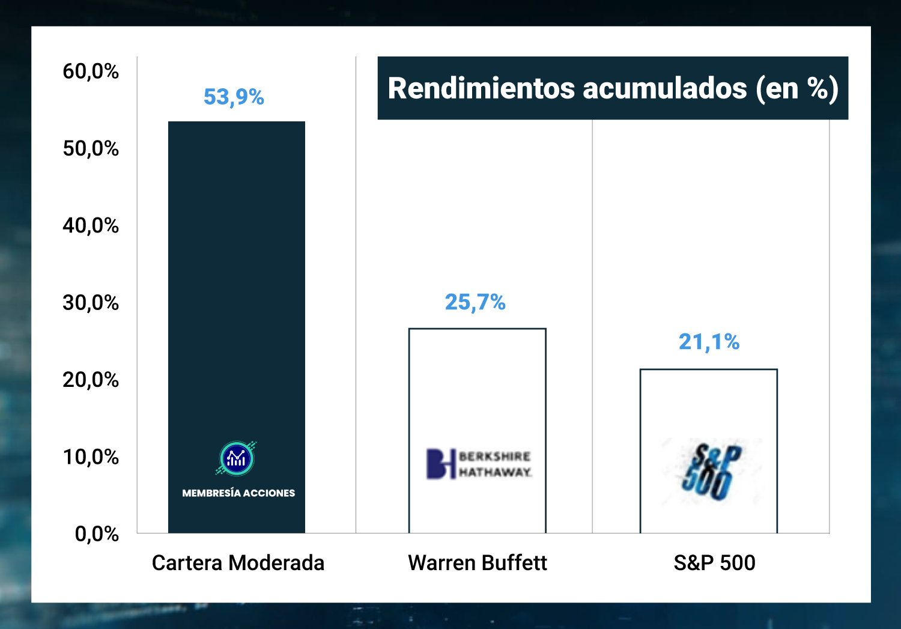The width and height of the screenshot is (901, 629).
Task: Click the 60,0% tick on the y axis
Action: click(x=91, y=71)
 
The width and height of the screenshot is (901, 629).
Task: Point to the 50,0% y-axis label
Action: click(x=91, y=148)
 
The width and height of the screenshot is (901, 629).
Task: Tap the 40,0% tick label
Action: click(x=91, y=225)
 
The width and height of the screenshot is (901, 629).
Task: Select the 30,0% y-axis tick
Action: click(x=91, y=302)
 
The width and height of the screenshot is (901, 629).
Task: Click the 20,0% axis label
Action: click(x=91, y=380)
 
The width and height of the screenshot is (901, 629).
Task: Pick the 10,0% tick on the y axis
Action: click(x=91, y=457)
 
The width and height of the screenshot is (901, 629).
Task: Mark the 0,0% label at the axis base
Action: click(x=97, y=533)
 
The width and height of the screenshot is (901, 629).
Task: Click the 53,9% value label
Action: click(x=234, y=97)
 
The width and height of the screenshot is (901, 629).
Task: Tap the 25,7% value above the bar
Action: click(x=475, y=302)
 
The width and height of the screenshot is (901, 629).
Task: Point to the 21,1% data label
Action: click(x=709, y=342)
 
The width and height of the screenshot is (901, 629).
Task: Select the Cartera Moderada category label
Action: click(x=238, y=563)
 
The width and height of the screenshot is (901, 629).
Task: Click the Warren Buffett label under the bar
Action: click(x=478, y=563)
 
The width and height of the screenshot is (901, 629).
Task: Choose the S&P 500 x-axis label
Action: click(x=714, y=563)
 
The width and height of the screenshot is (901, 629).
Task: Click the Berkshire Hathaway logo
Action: click(x=479, y=464)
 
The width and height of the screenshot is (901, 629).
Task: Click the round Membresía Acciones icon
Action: click(x=237, y=459)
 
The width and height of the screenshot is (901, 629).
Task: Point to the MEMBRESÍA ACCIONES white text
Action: click(x=238, y=493)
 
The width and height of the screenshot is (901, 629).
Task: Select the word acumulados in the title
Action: click(x=665, y=88)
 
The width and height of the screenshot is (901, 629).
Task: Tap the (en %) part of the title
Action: click(x=797, y=88)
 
